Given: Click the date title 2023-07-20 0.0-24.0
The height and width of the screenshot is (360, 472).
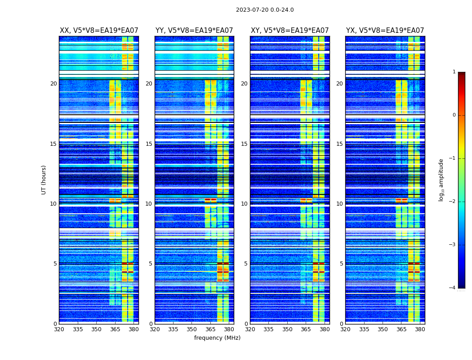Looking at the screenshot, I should [x=265, y=10].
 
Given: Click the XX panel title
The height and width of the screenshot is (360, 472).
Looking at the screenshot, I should [x=99, y=31].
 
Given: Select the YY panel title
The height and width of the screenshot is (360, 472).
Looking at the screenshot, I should [x=194, y=31].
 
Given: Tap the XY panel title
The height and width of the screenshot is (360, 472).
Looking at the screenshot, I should [x=289, y=31].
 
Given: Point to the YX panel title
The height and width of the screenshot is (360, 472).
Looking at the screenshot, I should [x=385, y=31].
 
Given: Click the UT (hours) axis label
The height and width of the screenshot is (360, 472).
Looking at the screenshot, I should [x=44, y=180].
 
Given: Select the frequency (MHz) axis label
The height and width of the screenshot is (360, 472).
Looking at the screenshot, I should [x=217, y=338].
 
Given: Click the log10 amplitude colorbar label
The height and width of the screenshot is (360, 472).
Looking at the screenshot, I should [x=441, y=180].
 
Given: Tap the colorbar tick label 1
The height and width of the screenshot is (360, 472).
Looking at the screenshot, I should [x=454, y=72].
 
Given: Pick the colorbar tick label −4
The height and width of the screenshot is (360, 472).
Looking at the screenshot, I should [x=453, y=288].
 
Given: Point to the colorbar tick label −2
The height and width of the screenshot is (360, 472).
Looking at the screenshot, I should [x=453, y=202].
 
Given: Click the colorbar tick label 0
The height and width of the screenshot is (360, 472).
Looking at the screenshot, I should [x=454, y=115].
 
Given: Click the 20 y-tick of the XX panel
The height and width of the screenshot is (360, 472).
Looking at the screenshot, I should [x=53, y=84].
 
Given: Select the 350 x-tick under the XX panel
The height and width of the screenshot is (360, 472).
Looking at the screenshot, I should [x=96, y=329].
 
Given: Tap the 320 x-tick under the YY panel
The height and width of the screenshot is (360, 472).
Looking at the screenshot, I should [x=155, y=329].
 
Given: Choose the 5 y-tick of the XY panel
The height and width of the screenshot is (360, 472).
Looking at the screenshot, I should [x=246, y=264].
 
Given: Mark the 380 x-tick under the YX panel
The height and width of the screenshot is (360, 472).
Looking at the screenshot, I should [x=420, y=329].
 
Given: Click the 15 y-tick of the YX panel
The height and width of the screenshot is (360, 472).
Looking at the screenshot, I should [x=339, y=144].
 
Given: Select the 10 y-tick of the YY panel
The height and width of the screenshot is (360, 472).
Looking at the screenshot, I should [x=149, y=204].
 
